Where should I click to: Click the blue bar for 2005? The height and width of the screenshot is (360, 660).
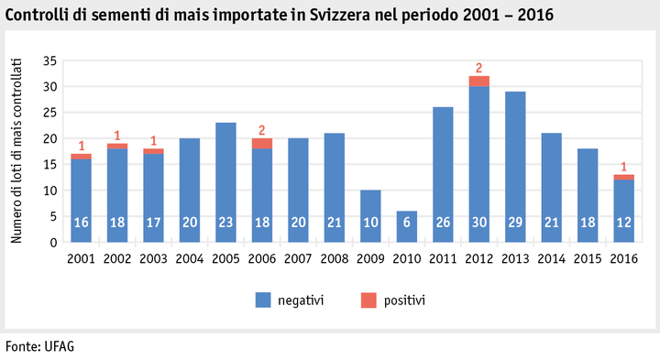click(226, 182)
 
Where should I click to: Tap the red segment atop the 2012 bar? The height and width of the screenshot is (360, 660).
click(479, 81)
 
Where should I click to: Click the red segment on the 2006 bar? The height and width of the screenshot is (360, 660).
click(262, 143)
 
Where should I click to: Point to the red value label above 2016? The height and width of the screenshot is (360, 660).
click(624, 166)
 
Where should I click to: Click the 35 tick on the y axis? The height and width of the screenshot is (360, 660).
click(50, 60)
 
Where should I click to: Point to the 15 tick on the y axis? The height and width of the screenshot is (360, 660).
click(50, 164)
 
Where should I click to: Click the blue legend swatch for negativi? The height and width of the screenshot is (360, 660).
click(262, 300)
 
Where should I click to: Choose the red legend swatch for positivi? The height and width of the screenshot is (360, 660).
click(364, 300)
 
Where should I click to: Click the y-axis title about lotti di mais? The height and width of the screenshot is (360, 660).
click(17, 151)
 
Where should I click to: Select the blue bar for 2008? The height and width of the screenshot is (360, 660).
click(335, 188)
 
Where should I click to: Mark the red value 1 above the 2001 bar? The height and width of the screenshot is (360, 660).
click(82, 146)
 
